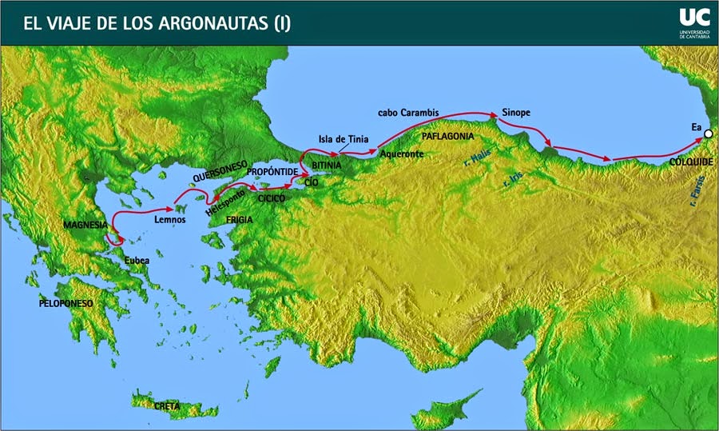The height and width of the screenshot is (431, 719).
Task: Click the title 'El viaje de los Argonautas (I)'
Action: pos(152,22)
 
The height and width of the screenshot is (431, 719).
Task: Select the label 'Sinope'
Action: pos(515,112)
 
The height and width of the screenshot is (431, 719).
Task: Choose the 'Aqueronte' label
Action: pos(402,154)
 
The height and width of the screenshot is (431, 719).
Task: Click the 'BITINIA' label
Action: pos(326,165)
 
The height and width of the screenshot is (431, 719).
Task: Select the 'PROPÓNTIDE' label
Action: pos(272,172)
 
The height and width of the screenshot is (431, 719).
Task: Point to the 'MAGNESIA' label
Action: pos(85,225)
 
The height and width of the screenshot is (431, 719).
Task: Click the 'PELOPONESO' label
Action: pos(66,304)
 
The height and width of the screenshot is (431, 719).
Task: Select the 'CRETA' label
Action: pos(166,406)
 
